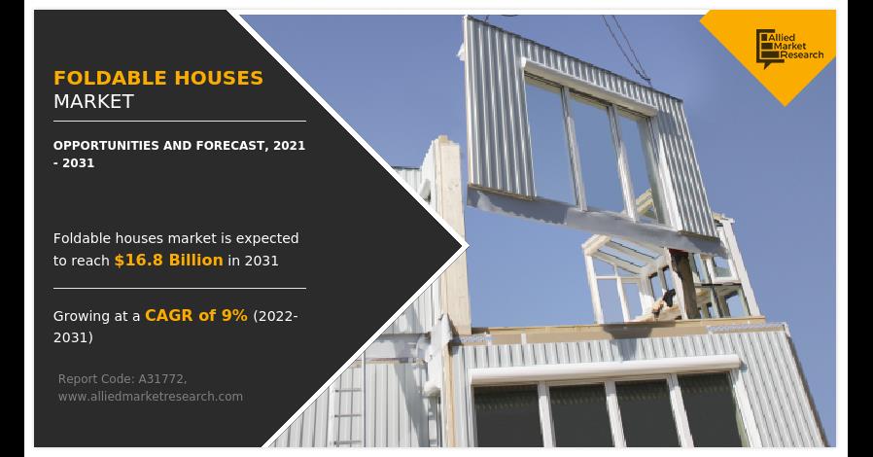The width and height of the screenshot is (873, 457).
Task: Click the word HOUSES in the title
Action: pos(219,78)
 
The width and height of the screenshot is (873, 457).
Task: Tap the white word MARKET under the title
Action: pos(93,101)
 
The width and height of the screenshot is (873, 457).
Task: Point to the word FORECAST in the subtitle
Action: pos(230,145)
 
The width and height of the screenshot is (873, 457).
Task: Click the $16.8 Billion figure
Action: pos(168,260)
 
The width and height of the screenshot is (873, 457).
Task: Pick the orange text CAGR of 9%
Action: pos(196,316)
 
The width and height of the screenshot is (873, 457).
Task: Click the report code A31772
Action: pos(162,379)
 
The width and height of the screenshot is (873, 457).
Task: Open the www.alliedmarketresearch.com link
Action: pos(151,397)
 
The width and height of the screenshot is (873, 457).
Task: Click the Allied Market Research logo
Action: pos(789,48)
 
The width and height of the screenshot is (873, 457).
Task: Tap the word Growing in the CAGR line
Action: pos(82,317)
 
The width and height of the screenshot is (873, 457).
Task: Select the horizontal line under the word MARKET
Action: pos(180,121)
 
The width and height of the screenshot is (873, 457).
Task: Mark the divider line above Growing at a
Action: pos(180,289)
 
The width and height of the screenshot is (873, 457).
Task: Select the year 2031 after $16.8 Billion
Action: pos(262,261)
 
